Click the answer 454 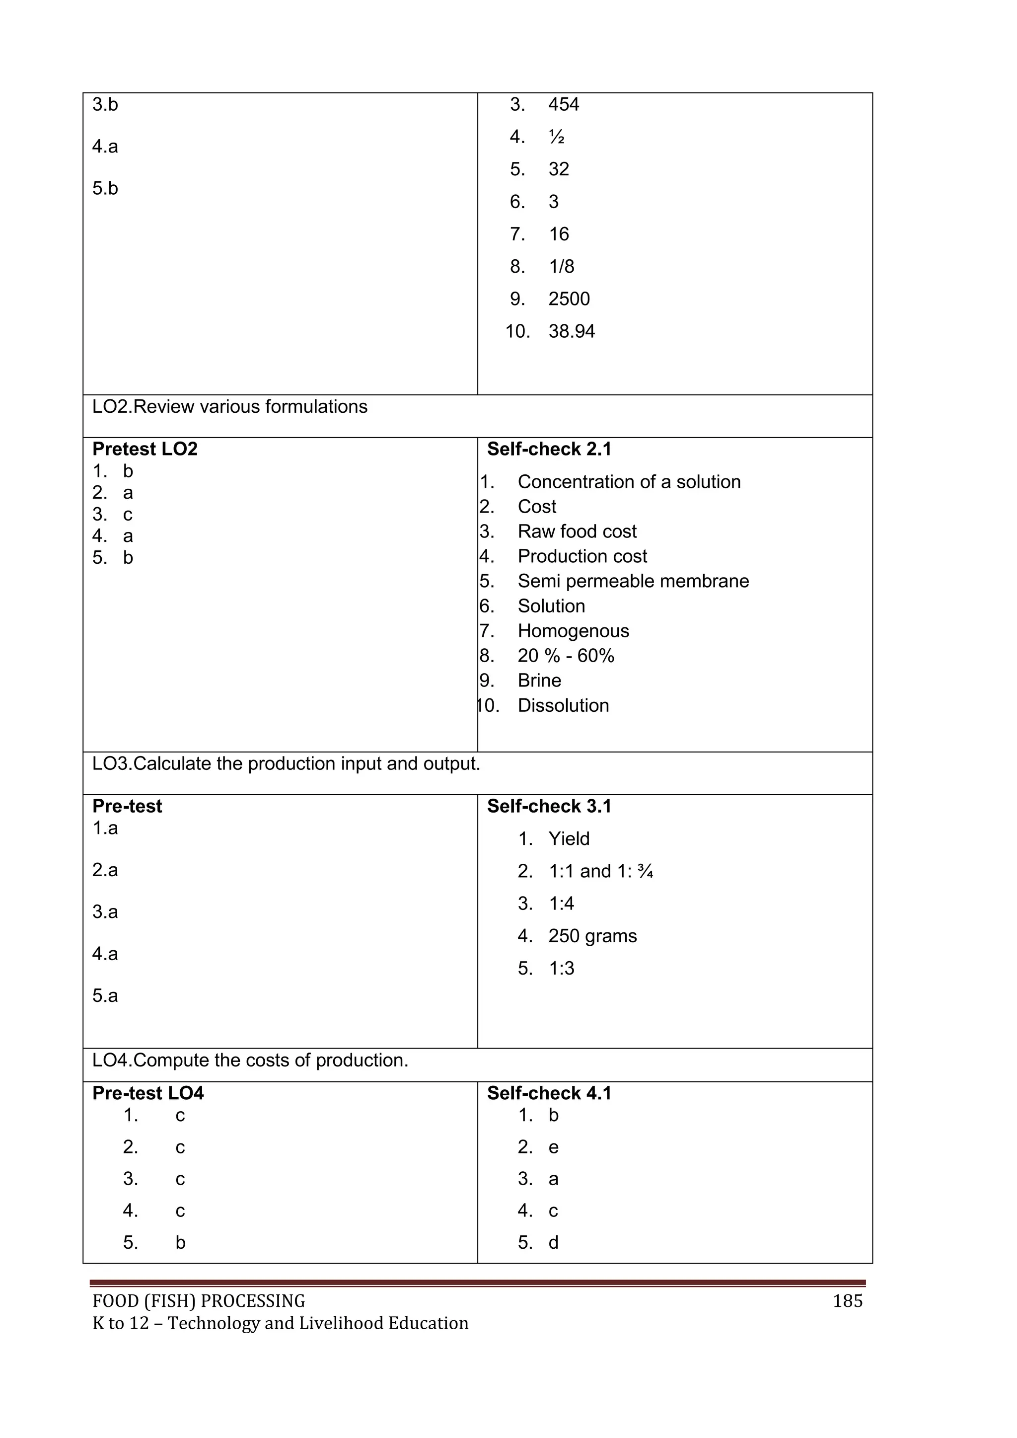click(x=563, y=105)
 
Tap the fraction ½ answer click(x=556, y=137)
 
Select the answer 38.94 click(x=571, y=331)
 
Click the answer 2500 click(x=569, y=299)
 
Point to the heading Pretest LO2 click(x=145, y=449)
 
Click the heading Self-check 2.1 click(x=549, y=449)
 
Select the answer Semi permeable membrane click(x=633, y=581)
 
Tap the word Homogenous click(x=573, y=631)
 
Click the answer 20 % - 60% click(x=566, y=656)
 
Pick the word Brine click(x=539, y=681)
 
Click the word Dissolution click(x=563, y=706)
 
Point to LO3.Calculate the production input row click(x=286, y=764)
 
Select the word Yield click(x=569, y=838)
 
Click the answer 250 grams click(x=592, y=936)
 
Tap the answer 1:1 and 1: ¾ click(x=600, y=871)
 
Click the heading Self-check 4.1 click(x=549, y=1093)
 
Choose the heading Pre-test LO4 click(x=148, y=1093)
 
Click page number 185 click(x=847, y=1301)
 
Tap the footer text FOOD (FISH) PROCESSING click(x=199, y=1301)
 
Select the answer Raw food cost click(x=577, y=531)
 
